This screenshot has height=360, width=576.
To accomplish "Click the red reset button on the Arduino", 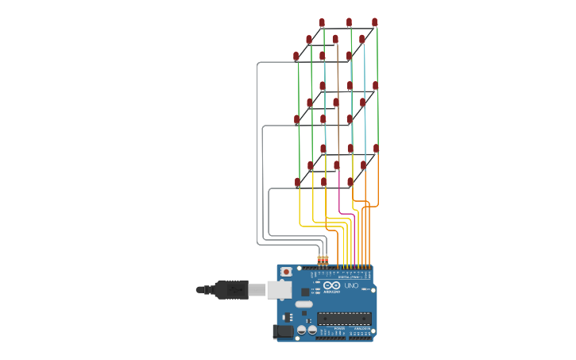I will point(286,272).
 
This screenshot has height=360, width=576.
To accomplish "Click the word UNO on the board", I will point(351,285).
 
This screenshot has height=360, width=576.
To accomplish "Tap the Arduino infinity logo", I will point(332,285).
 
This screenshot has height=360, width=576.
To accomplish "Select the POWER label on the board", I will point(339,327).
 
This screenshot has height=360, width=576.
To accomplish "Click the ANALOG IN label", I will point(361,327).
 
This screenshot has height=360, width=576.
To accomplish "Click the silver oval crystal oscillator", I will point(303,304).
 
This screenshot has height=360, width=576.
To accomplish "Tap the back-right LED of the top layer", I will point(375,22).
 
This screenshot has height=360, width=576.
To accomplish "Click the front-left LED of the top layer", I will point(296,56).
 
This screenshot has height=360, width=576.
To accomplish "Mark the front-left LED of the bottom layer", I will point(298,182).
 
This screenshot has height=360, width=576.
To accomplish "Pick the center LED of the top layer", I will point(335,38).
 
